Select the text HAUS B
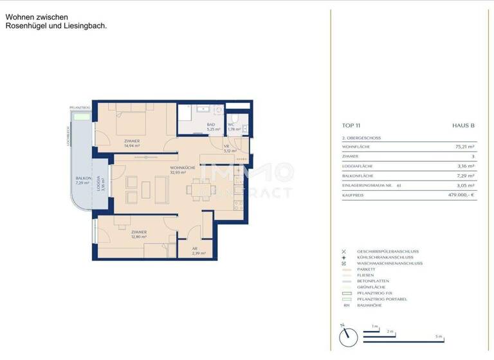[x=463, y=126]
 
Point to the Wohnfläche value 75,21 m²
[x=464, y=147]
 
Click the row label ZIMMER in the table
[x=351, y=156]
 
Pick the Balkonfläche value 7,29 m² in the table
[x=465, y=175]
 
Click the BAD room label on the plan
[x=211, y=127]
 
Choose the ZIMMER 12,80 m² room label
[x=139, y=234]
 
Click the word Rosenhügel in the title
[x=29, y=26]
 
